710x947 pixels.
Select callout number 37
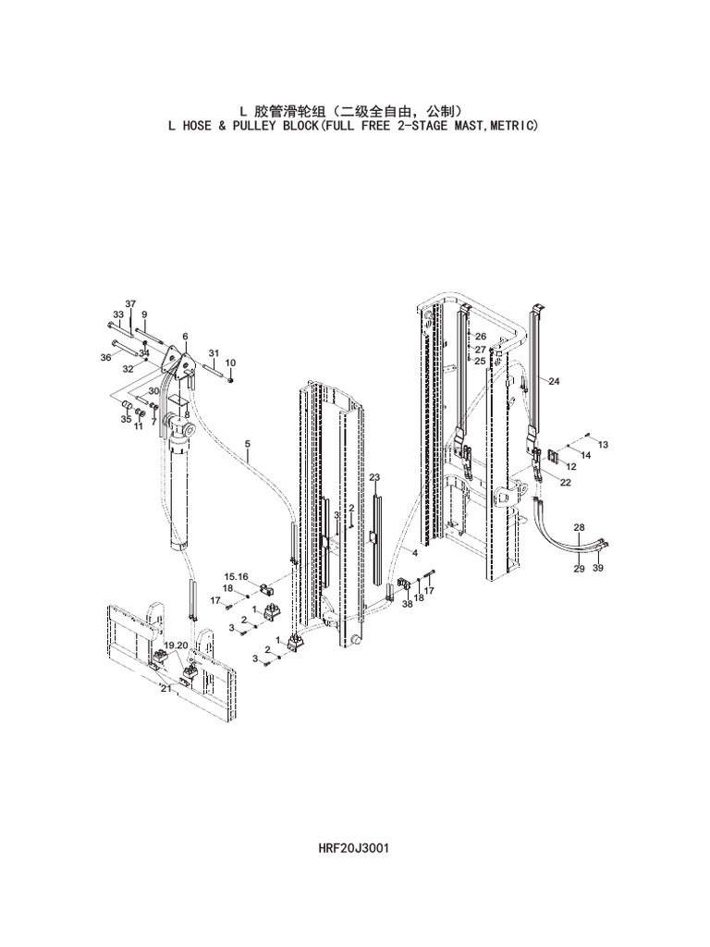(130, 304)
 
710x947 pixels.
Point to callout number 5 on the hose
(247, 445)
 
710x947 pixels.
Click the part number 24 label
(554, 381)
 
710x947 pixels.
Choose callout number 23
(374, 477)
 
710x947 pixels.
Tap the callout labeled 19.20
(177, 645)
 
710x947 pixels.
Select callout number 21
(165, 688)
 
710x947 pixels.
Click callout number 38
(408, 604)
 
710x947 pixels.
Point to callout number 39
(597, 568)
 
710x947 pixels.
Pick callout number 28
(579, 527)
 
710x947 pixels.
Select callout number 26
(481, 337)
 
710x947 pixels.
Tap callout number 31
(214, 354)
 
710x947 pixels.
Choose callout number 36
(105, 357)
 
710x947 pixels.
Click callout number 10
(230, 363)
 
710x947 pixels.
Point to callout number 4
(415, 553)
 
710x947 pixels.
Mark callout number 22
(564, 481)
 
